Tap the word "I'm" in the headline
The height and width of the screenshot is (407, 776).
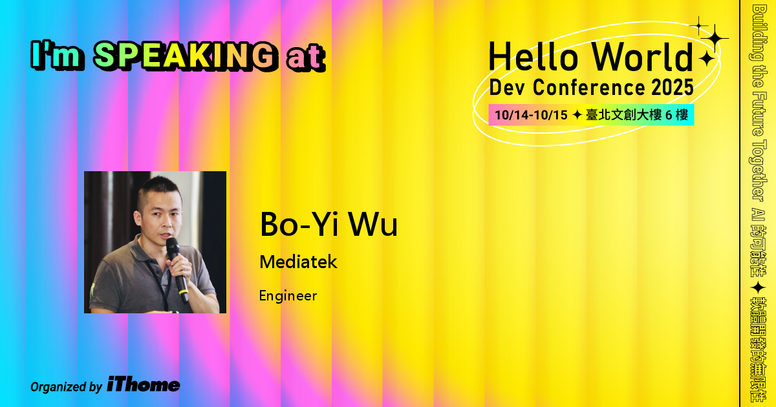[x=57, y=57]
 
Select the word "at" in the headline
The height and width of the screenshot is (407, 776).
[x=304, y=58]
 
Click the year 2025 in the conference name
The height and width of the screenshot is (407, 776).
[x=672, y=87]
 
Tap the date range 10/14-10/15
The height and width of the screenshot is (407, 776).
[x=530, y=116]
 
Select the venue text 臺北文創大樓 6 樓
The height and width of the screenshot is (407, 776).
[x=636, y=116]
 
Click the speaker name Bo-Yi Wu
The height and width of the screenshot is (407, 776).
[x=328, y=224]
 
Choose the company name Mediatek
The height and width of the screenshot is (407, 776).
[x=298, y=262]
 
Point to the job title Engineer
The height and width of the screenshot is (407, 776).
[x=288, y=296]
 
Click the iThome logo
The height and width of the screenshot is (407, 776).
[x=143, y=384]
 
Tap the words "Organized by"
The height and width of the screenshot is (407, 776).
[x=66, y=387]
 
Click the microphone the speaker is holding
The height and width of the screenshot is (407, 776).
[x=176, y=265]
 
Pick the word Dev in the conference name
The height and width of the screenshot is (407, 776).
[x=507, y=87]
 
